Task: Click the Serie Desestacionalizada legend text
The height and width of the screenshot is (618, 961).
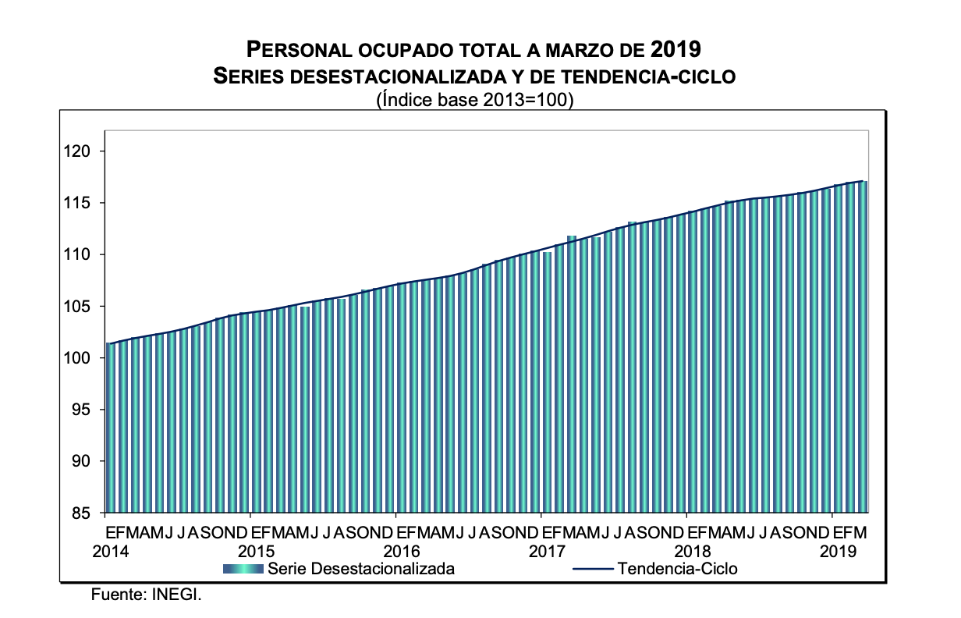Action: pos(361,569)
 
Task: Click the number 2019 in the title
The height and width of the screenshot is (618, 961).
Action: pos(675,50)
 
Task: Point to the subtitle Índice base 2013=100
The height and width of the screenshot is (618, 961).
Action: pos(475,100)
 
